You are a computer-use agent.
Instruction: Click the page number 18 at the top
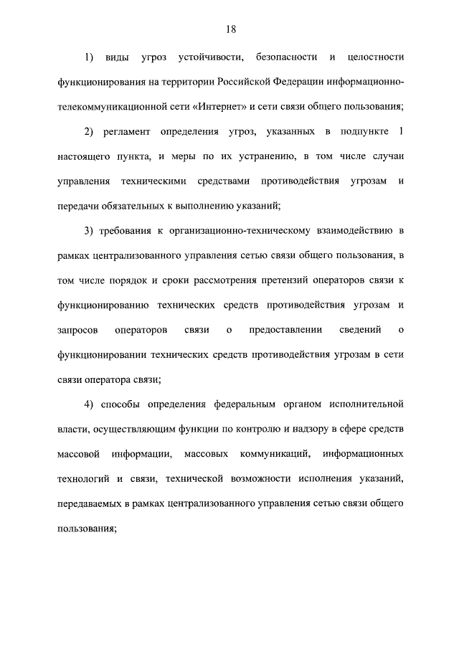[229, 29]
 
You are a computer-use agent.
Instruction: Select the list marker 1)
[90, 56]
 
